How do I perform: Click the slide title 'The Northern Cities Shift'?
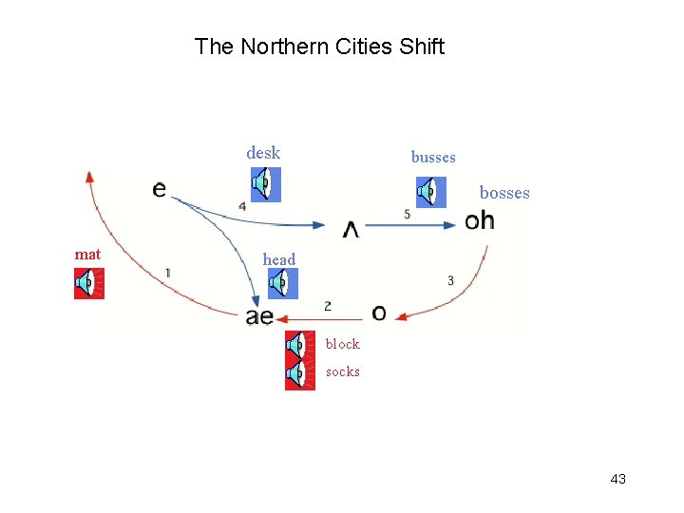click(x=319, y=47)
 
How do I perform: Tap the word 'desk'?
click(x=263, y=153)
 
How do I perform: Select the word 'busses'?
click(x=433, y=158)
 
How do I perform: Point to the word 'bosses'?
click(x=504, y=194)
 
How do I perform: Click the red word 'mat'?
click(x=87, y=255)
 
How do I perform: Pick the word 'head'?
click(x=279, y=259)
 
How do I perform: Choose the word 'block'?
click(x=343, y=344)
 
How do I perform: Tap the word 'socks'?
click(x=343, y=372)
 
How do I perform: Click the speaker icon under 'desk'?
click(x=266, y=183)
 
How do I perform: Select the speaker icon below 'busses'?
click(x=430, y=191)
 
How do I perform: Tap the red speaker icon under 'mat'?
click(x=89, y=283)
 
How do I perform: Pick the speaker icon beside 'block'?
click(x=300, y=345)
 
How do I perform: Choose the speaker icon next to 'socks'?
click(x=300, y=374)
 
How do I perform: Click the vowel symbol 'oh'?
click(x=480, y=221)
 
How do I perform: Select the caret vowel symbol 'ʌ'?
click(x=351, y=229)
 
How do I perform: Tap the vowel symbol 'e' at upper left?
click(x=159, y=189)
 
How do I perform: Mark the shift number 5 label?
click(x=408, y=215)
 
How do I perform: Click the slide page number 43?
click(x=617, y=479)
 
